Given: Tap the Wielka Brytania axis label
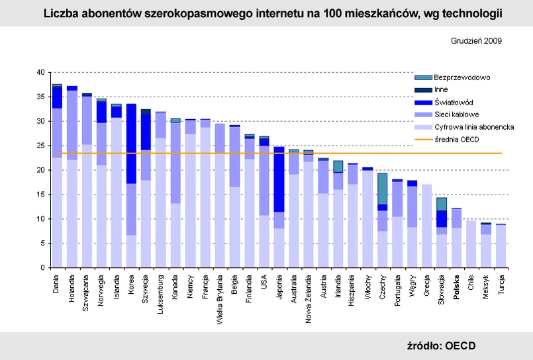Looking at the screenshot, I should click(219, 295).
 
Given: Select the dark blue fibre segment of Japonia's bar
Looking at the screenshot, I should click(279, 179).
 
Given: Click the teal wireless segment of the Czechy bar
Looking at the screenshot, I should click(383, 189).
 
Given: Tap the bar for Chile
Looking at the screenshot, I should click(471, 244).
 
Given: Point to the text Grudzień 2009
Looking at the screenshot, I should click(475, 40).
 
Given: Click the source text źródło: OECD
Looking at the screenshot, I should click(441, 345).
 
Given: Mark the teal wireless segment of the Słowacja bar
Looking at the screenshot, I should click(442, 204).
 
